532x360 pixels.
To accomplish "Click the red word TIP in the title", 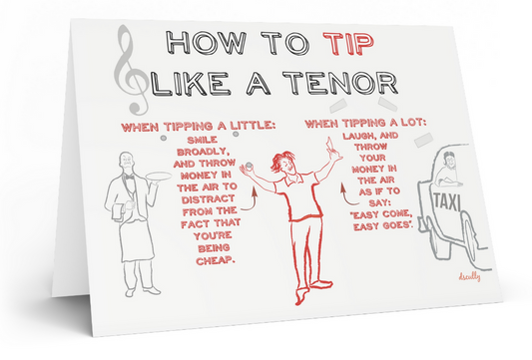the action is pyautogui.click(x=348, y=44).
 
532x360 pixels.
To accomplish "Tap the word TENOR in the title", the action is pyautogui.click(x=340, y=83).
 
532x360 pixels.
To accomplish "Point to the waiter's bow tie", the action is pyautogui.click(x=129, y=177).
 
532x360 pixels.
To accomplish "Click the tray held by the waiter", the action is pyautogui.click(x=158, y=177).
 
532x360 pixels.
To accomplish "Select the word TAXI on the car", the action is pyautogui.click(x=446, y=201).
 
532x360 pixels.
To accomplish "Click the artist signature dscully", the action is pyautogui.click(x=469, y=276).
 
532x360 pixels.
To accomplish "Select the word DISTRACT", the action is pyautogui.click(x=208, y=199).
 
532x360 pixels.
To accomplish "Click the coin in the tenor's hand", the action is pyautogui.click(x=250, y=166).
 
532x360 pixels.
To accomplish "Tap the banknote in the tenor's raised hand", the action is pyautogui.click(x=331, y=145).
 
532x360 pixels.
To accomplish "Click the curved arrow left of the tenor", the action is pyautogui.click(x=252, y=200).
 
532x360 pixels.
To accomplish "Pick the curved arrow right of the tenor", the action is pyautogui.click(x=347, y=195).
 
